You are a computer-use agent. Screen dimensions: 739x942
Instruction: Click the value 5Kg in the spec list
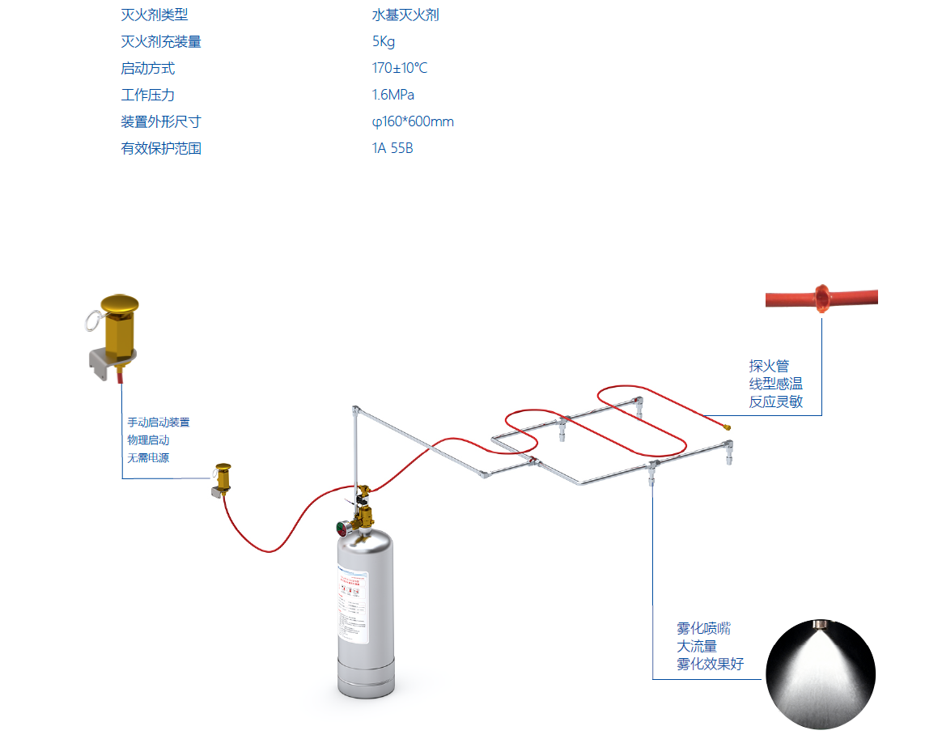(x=383, y=42)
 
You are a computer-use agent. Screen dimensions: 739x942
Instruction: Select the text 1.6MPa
(x=392, y=96)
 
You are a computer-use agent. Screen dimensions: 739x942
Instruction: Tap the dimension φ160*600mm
(x=412, y=122)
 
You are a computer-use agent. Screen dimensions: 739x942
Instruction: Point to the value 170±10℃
(x=399, y=69)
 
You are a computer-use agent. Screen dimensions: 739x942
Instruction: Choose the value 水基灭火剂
(x=405, y=15)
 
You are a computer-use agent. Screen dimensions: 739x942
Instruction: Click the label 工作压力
(x=147, y=96)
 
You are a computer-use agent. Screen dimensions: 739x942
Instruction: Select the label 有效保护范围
(x=160, y=149)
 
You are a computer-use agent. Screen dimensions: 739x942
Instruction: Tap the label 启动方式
(x=147, y=69)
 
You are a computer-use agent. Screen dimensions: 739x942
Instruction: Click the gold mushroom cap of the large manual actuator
(x=119, y=306)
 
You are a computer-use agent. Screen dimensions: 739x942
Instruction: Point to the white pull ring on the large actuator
(x=91, y=321)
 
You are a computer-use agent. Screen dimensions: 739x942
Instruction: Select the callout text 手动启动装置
(x=158, y=423)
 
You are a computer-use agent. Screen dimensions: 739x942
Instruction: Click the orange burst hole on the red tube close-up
(x=822, y=298)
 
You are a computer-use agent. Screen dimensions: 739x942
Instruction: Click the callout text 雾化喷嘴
(x=703, y=629)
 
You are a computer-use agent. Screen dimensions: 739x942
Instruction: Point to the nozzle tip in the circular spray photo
(x=822, y=625)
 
